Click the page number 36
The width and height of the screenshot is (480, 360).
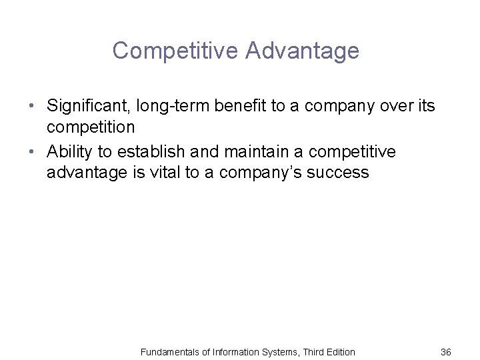point(447,351)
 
